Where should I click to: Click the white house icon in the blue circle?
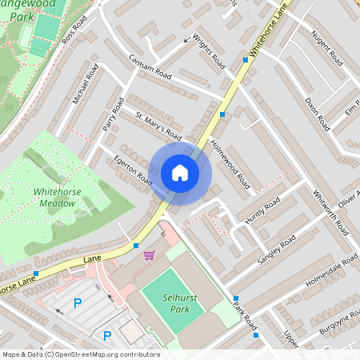click(180, 171)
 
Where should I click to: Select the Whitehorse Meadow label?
click(54, 197)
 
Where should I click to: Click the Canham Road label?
click(151, 68)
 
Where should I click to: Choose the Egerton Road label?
click(133, 170)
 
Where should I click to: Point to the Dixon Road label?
click(317, 113)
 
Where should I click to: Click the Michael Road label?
click(84, 83)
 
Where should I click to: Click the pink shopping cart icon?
click(149, 255)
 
